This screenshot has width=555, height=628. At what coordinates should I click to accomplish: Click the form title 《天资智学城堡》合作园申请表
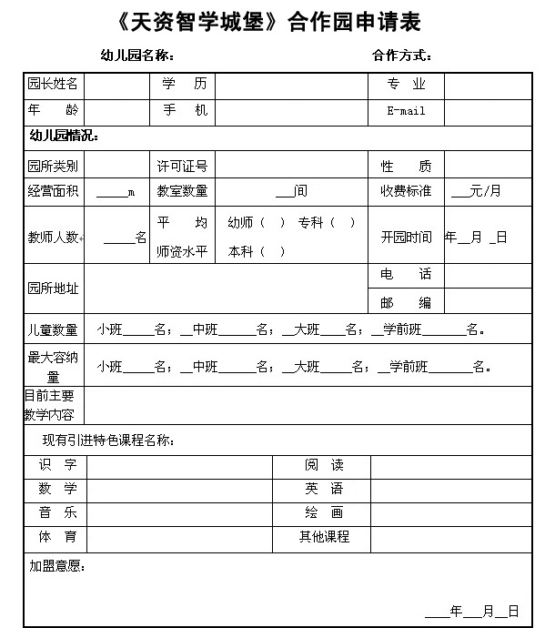point(277,22)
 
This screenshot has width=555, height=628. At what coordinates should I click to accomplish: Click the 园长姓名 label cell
point(53,85)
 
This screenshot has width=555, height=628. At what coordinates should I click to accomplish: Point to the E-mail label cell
point(406,111)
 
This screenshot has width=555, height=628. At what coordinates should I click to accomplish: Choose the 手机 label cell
point(184,110)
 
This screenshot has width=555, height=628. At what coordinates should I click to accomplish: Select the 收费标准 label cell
point(406,191)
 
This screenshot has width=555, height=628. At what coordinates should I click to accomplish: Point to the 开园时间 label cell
point(406,237)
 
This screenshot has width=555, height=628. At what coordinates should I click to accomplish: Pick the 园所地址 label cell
point(53,289)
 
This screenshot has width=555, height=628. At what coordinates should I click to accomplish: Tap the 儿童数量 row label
point(53,329)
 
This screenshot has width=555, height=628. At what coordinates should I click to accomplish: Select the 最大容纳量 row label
point(53,366)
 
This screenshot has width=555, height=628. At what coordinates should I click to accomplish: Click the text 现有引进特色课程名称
point(109,441)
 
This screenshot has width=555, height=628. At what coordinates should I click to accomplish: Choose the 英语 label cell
point(324,489)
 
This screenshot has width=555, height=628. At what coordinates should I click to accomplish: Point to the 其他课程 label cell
point(324,537)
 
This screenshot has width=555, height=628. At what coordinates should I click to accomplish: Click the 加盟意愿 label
point(57,567)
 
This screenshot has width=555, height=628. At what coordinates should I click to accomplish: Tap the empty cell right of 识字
point(179,465)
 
